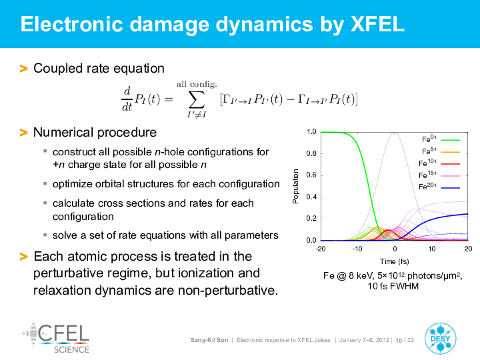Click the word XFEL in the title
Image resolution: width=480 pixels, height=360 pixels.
click(x=377, y=24)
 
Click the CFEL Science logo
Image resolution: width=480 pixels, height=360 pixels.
click(x=55, y=337)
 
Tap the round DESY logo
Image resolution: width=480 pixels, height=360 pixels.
click(x=440, y=339)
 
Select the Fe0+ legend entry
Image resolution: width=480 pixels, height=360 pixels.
click(x=441, y=139)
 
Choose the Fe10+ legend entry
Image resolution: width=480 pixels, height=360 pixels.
click(x=439, y=163)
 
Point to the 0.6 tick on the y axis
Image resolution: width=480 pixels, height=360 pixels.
click(x=311, y=175)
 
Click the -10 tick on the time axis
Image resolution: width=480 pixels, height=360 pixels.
click(x=357, y=249)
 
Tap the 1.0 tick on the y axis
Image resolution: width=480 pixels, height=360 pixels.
click(x=311, y=131)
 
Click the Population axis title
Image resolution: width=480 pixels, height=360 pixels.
click(x=295, y=186)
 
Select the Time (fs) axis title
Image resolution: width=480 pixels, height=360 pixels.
click(x=394, y=261)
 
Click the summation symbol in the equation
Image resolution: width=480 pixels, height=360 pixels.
click(x=196, y=100)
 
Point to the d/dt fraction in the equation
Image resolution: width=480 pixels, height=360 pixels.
click(x=127, y=99)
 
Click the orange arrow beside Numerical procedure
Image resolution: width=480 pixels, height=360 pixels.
click(x=23, y=133)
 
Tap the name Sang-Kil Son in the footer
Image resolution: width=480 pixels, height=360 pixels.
click(x=209, y=340)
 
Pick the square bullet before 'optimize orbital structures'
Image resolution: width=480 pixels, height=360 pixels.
click(x=45, y=184)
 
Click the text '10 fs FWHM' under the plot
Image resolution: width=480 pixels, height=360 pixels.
click(x=393, y=286)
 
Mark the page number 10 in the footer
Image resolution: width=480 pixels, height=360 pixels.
click(x=399, y=340)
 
